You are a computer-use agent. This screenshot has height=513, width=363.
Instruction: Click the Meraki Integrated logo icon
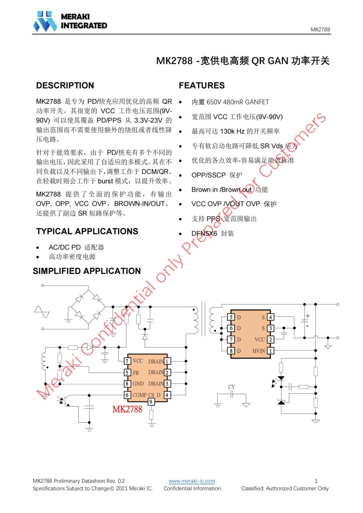[x=45, y=21]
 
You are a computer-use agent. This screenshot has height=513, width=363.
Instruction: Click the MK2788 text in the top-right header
[x=320, y=30]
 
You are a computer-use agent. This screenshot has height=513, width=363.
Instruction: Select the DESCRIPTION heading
[x=65, y=86]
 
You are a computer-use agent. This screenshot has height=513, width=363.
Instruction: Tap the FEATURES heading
[x=202, y=86]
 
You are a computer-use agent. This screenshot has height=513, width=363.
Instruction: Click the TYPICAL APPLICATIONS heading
[x=87, y=231]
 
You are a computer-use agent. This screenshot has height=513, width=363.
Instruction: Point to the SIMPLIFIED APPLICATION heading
[x=87, y=271]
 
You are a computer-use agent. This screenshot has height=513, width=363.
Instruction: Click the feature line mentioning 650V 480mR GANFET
[x=230, y=102]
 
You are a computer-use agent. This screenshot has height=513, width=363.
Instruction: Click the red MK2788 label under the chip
[x=127, y=409]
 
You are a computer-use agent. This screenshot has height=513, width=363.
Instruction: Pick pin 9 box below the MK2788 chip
[x=151, y=402]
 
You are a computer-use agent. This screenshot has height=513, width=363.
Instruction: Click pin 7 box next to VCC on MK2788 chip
[x=127, y=361]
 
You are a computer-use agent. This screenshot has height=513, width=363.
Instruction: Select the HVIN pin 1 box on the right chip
[x=270, y=351]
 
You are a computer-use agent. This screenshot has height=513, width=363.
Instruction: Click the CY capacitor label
[x=232, y=387]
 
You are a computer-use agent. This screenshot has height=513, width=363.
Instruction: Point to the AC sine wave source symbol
[x=42, y=312]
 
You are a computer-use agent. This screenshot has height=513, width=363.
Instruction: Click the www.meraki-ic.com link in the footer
[x=192, y=481]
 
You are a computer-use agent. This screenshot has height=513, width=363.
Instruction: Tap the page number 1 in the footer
[x=316, y=481]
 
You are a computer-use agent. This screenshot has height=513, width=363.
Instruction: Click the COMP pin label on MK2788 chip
[x=139, y=395]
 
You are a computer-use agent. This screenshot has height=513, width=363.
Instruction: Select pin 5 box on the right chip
[x=231, y=317]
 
